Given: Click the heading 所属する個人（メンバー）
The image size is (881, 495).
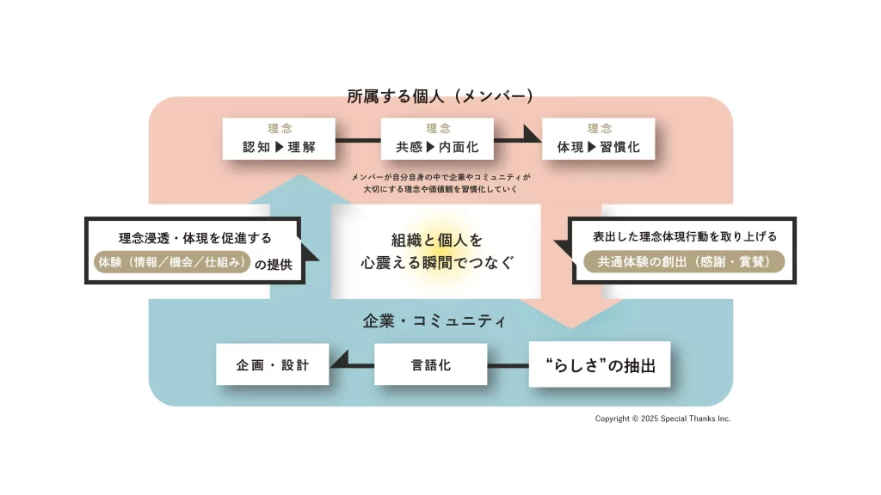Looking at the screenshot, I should click(x=440, y=95).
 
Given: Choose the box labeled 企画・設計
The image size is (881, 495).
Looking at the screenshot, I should click(x=273, y=365).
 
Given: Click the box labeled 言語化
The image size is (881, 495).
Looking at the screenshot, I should click(x=431, y=365).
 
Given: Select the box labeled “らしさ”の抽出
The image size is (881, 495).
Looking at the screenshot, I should click(x=600, y=365).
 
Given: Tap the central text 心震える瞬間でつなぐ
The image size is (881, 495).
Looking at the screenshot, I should click(x=437, y=264).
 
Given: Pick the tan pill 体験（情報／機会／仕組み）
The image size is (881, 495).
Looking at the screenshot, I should click(x=171, y=263).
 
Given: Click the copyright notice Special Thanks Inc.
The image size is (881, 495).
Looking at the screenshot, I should click(x=662, y=419).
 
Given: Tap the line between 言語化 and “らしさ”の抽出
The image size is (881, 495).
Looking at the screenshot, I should click(x=508, y=365).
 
